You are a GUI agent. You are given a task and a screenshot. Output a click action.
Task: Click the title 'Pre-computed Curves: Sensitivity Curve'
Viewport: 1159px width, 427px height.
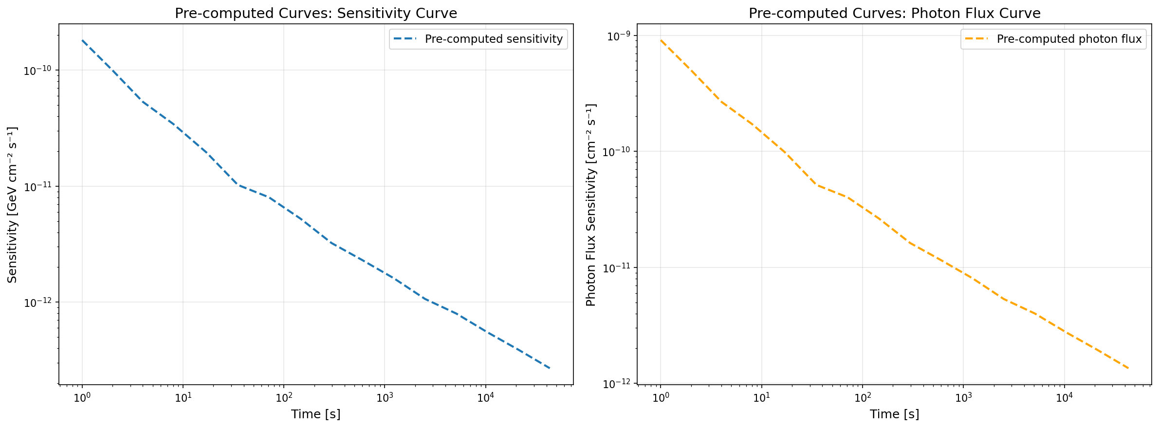(315, 13)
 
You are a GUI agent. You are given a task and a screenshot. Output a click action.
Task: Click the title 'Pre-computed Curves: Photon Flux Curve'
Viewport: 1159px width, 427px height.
(894, 13)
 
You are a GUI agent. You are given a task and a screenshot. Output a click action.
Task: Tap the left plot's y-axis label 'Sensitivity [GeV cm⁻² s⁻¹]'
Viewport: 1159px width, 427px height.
(13, 204)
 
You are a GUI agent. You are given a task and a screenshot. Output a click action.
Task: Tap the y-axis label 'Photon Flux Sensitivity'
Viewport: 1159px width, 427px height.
(591, 204)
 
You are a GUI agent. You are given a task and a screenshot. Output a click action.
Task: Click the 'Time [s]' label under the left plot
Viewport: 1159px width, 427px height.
(315, 414)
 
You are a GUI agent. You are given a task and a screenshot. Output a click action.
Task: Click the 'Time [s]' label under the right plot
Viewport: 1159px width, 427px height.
(894, 414)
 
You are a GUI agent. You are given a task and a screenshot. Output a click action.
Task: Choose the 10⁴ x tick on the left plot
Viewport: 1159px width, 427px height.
(485, 397)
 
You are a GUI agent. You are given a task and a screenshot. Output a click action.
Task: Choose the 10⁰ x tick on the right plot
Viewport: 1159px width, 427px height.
(661, 397)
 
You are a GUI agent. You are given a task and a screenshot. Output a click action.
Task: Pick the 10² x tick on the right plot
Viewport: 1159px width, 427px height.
(862, 397)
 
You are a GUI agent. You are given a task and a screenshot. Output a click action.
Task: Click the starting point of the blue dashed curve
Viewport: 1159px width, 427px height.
(82, 40)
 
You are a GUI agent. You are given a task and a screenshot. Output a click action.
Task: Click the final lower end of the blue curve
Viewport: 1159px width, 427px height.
(550, 368)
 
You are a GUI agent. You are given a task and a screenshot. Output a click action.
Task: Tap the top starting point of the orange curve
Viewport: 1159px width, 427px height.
(661, 40)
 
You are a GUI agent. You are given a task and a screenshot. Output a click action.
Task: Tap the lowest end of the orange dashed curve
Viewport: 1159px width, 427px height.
(1128, 368)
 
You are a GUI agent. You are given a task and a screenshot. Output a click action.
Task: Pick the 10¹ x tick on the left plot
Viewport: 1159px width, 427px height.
(183, 397)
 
